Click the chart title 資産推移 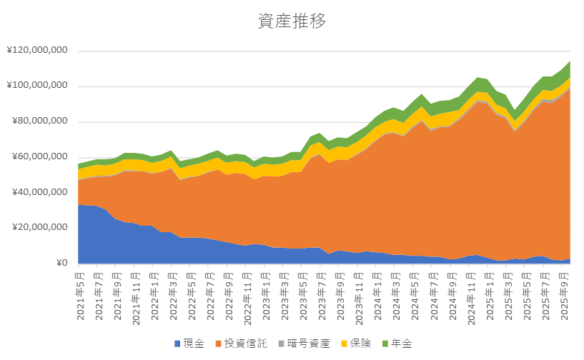[292, 21]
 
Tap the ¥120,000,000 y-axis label [36, 51]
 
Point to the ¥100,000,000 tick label [36, 86]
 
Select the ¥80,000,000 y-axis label [39, 122]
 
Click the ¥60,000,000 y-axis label [39, 157]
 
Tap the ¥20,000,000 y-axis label [39, 228]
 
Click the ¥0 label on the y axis [61, 264]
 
